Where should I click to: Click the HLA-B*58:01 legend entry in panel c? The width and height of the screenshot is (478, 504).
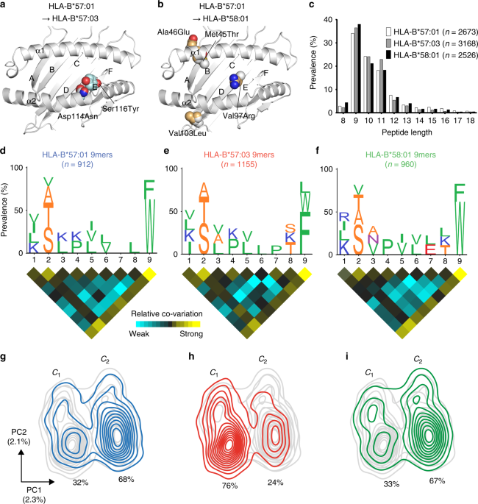coord(427,54)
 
